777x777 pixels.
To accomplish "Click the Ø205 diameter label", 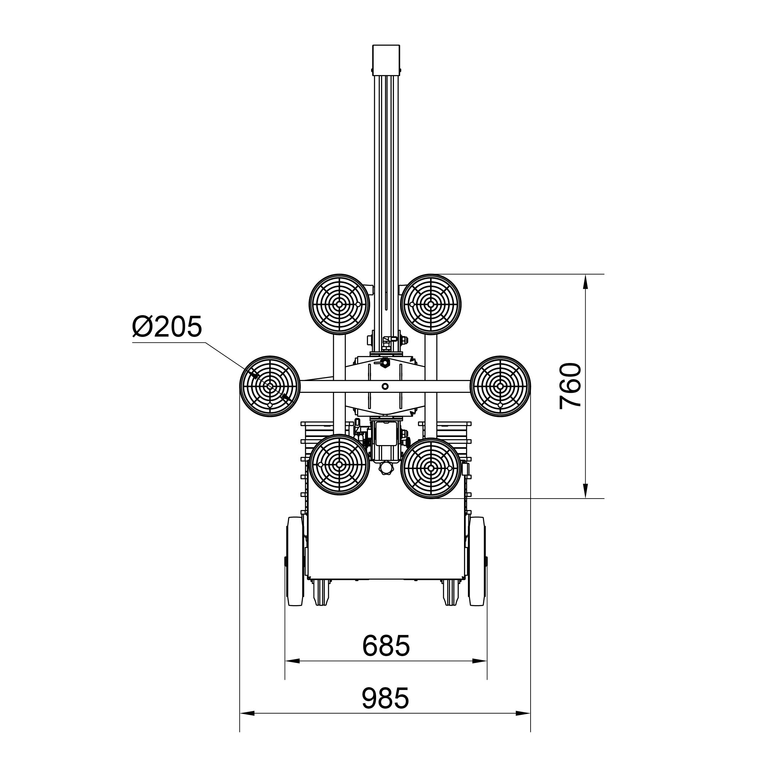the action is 167,327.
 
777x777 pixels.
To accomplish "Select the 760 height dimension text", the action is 571,386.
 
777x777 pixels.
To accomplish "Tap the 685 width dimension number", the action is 386,646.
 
